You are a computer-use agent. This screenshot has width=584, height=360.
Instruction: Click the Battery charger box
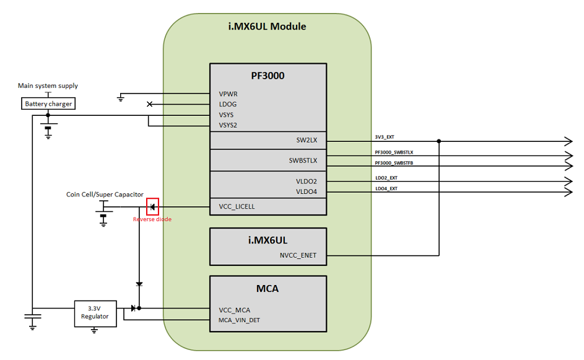click(x=48, y=103)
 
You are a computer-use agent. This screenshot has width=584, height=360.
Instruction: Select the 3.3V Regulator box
click(x=95, y=314)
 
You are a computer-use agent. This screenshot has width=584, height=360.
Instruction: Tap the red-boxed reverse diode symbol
click(x=152, y=207)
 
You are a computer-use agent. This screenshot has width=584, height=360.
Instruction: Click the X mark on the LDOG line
click(x=149, y=104)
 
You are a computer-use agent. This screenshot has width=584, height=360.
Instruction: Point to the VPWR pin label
click(x=228, y=94)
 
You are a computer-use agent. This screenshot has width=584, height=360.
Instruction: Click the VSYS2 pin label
click(x=228, y=125)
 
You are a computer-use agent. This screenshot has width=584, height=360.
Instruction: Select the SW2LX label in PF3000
click(x=307, y=140)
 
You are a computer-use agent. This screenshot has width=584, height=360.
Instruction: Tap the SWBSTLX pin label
click(x=303, y=160)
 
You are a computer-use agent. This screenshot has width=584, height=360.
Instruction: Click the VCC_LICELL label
click(x=237, y=206)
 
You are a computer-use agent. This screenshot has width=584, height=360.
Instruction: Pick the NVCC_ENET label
click(x=298, y=255)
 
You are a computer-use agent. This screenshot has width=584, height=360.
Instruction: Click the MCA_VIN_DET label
click(x=239, y=320)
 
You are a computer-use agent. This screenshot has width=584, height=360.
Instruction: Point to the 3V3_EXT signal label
click(x=385, y=137)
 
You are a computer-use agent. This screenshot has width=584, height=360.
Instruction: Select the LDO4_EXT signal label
click(x=386, y=188)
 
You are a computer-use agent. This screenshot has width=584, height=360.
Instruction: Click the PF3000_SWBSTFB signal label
click(x=394, y=163)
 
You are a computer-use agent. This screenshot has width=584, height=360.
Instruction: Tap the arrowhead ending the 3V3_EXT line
click(x=569, y=141)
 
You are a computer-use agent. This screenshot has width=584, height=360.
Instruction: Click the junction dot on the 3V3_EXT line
click(x=439, y=141)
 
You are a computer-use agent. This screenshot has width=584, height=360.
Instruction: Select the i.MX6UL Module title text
click(x=267, y=27)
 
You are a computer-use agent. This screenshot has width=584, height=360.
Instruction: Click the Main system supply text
click(x=48, y=86)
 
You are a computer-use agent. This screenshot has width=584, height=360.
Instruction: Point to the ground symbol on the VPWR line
click(x=120, y=99)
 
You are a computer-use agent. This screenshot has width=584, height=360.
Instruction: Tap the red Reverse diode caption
click(x=152, y=219)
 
